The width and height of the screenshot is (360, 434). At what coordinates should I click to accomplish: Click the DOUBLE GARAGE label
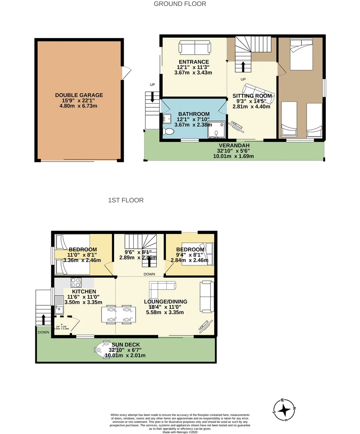(79, 95)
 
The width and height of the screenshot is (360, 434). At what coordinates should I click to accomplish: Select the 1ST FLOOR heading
(125, 200)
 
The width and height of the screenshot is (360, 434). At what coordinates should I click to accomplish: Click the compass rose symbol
(285, 410)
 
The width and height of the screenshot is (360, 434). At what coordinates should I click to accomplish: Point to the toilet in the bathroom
(168, 132)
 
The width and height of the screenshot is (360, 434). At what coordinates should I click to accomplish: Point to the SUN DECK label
(125, 345)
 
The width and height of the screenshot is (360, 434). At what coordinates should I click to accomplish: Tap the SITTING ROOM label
(252, 96)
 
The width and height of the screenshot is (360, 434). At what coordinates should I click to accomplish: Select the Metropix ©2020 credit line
(180, 432)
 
